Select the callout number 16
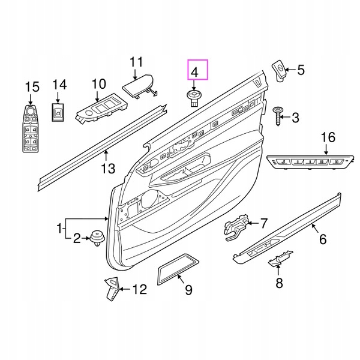click(x=326, y=138)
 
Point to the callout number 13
click(x=107, y=169)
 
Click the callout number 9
click(x=188, y=290)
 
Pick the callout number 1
click(x=59, y=228)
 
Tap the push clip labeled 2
click(x=96, y=238)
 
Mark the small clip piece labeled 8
click(x=277, y=260)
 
